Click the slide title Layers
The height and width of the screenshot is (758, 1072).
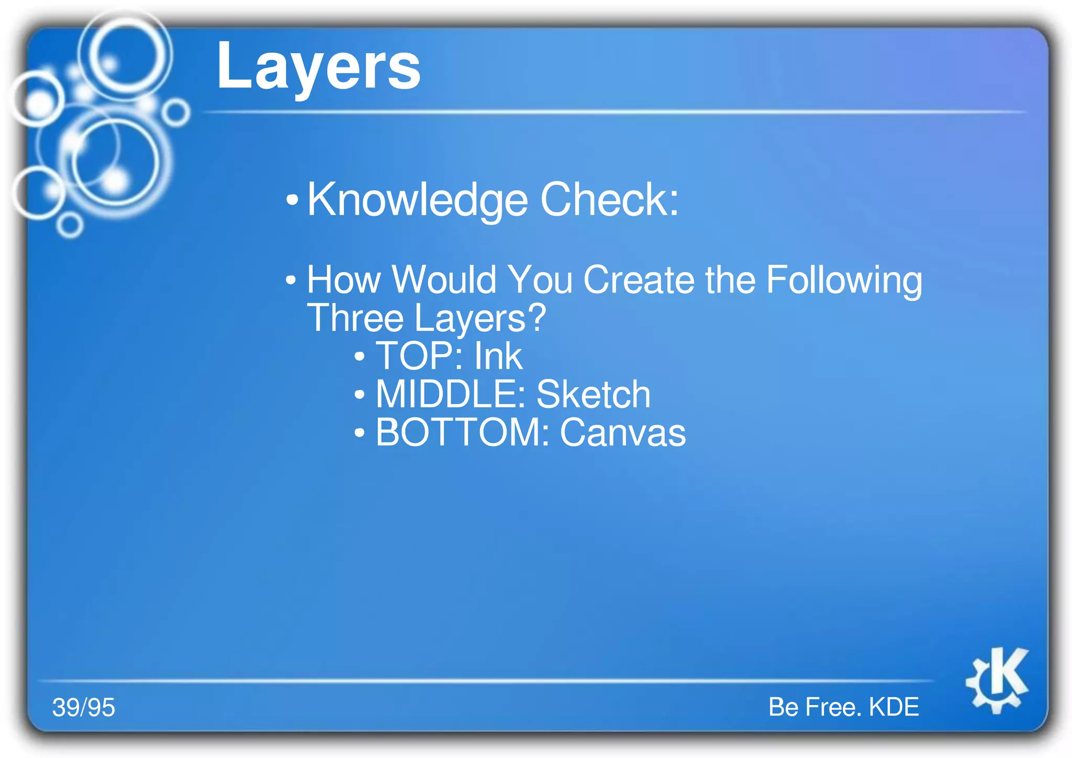click(318, 67)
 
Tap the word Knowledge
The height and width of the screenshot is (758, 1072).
click(417, 200)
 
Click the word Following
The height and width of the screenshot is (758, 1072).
click(844, 281)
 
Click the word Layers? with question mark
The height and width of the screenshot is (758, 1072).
click(480, 318)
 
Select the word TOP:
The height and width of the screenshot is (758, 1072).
click(419, 356)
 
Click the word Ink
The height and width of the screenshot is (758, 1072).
click(498, 356)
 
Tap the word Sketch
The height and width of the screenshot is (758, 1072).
click(593, 394)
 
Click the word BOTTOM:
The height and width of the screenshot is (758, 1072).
click(462, 432)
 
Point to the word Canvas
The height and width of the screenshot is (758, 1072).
click(622, 433)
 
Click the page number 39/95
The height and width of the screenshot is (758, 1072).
click(84, 707)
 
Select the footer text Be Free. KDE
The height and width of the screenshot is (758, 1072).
click(843, 707)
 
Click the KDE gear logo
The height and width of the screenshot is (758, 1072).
click(998, 679)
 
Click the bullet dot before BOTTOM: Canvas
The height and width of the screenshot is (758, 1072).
click(359, 433)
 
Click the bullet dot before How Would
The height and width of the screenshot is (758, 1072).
click(291, 280)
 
